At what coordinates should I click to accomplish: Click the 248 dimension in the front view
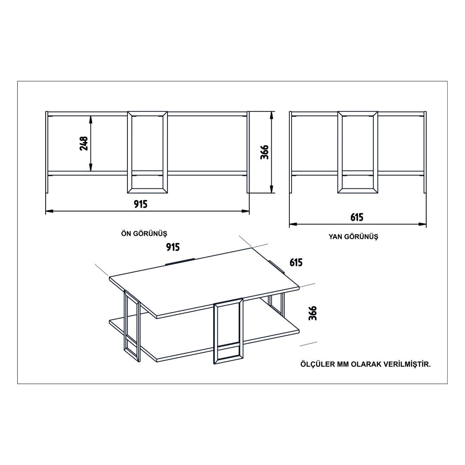click(84, 143)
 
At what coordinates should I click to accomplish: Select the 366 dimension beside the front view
click(264, 152)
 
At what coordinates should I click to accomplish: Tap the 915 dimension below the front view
click(140, 204)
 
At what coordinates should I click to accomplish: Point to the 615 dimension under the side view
click(357, 217)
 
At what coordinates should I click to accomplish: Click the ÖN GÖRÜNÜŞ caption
click(144, 233)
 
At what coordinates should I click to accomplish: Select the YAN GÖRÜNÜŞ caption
click(353, 237)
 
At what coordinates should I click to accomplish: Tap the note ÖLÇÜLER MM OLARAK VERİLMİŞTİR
click(366, 364)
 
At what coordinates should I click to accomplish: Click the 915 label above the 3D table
click(173, 247)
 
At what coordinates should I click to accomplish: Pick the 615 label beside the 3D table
click(296, 263)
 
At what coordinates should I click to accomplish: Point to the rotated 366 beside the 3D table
click(313, 313)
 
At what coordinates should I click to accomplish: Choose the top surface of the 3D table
click(204, 282)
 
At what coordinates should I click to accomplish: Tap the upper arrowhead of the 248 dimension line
click(91, 119)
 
